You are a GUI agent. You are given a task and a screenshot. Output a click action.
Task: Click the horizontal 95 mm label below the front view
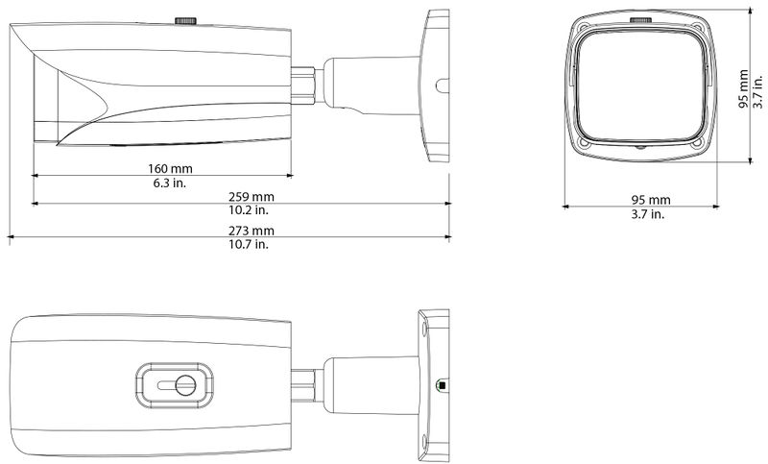(650, 200)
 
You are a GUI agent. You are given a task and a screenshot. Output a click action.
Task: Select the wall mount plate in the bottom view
(435, 384)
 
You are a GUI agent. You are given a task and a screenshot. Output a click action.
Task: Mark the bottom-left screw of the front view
(584, 145)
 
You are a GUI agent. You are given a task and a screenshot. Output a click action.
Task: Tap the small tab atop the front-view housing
(639, 18)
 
